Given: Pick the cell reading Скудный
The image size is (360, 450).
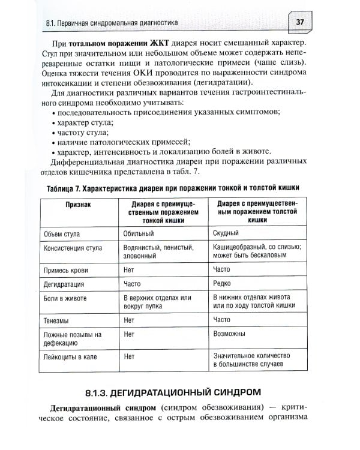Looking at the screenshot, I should (x=226, y=233).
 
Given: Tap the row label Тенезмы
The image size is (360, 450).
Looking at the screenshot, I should (x=57, y=320).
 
